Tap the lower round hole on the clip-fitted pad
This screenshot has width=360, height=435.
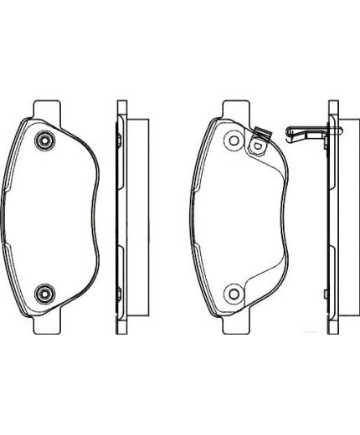coord(234,292)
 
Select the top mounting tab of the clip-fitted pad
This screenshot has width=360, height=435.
coord(236,109)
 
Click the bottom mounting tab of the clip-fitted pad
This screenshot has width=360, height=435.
coord(236,324)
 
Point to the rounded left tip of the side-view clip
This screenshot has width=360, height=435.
coord(288,131)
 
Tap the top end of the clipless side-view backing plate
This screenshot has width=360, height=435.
coord(121,106)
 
